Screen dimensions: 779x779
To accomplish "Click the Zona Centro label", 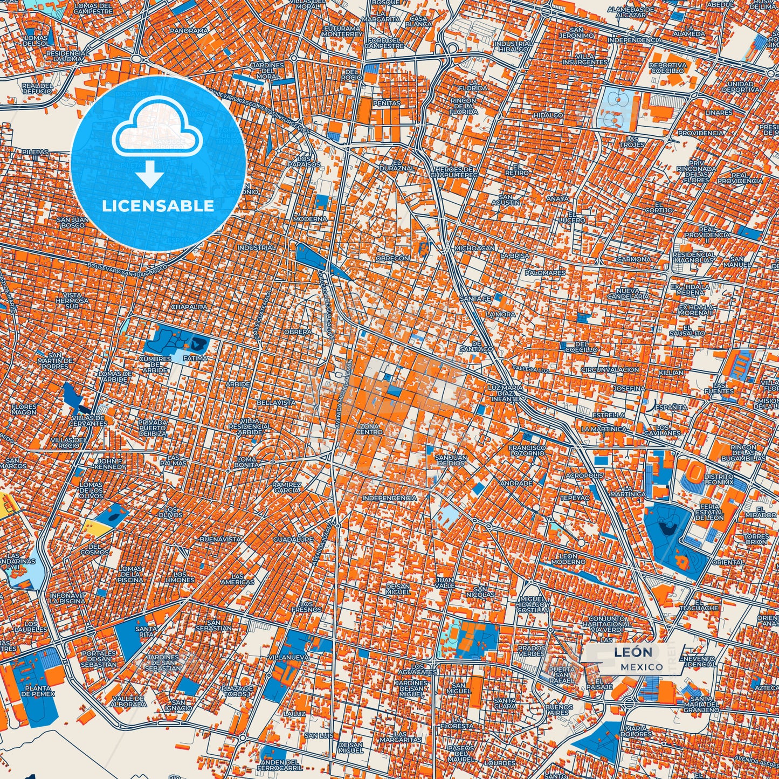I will coord(369,429).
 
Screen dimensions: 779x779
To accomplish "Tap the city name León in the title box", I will coord(633,652).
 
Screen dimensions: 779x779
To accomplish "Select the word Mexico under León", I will coord(642,667).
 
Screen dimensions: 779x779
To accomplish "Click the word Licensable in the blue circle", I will coord(158,205).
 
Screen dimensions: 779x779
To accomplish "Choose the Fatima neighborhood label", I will coord(195,358).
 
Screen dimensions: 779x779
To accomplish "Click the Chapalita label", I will coord(189,307).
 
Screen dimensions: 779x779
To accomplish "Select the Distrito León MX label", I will coord(719,479).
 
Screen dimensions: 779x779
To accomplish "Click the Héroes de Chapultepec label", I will coord(456,172).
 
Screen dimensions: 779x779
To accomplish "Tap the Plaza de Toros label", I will coord(237,691).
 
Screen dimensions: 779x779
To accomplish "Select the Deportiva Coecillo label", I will coord(667,67).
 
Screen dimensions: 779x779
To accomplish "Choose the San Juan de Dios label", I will coord(451,460).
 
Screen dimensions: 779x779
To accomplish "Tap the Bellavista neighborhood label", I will coord(275,402).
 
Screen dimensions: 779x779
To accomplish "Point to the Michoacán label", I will coord(474,248).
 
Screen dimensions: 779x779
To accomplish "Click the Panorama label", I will coord(189,31).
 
